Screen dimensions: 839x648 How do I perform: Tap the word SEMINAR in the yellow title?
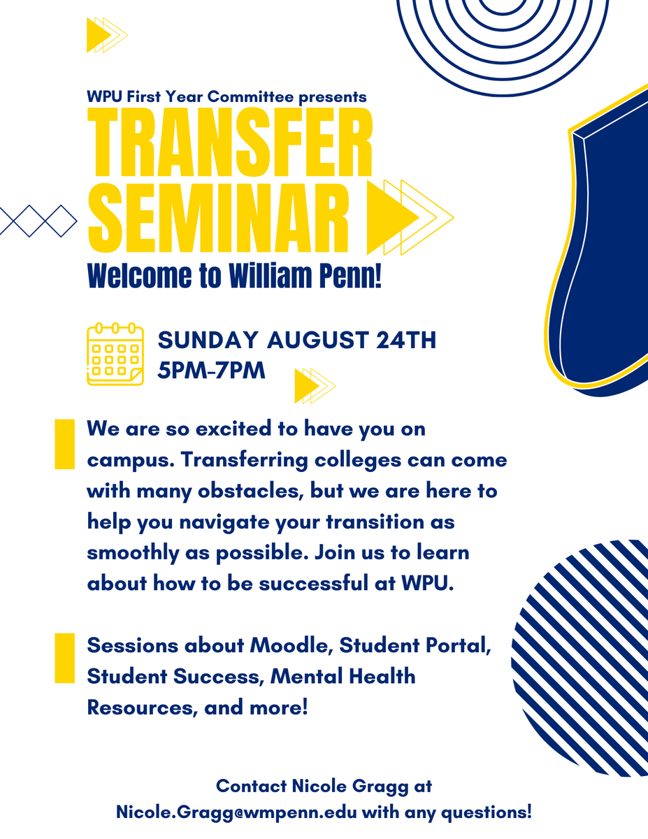[x=218, y=216]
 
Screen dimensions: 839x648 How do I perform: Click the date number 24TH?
[x=406, y=340]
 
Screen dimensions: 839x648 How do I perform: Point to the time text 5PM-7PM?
[x=212, y=370]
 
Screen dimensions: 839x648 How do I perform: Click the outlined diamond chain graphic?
[x=38, y=220]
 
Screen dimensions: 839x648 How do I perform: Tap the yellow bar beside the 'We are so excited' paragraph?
[x=64, y=444]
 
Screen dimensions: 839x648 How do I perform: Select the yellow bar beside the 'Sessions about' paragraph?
[x=64, y=657]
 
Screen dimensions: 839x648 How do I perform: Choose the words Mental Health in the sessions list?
[x=343, y=676]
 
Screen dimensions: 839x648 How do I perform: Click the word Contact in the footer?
[x=249, y=786]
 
